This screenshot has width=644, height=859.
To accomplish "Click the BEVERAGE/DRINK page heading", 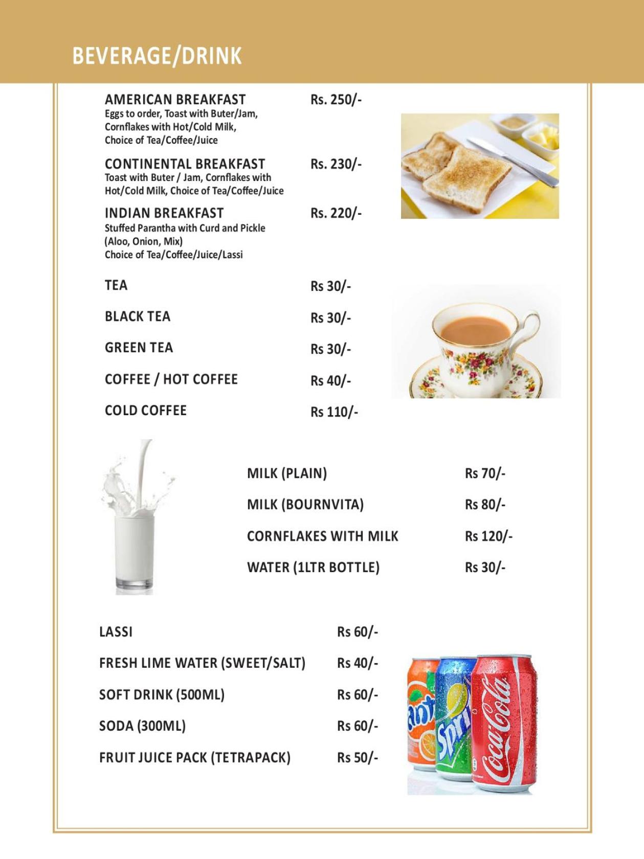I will click(157, 56).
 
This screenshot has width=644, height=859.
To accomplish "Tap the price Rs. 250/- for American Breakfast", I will click(336, 100).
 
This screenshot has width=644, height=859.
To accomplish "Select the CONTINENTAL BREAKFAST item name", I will click(185, 164).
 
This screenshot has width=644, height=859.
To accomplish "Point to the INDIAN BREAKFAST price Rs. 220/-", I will click(336, 213).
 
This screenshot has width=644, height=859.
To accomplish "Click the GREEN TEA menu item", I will click(139, 348).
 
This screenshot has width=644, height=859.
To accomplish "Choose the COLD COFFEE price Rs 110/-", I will click(334, 412).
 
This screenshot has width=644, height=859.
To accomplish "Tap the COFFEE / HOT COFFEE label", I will click(171, 379).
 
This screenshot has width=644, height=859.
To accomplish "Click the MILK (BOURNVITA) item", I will click(305, 505).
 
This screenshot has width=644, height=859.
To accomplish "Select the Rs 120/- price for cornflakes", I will click(488, 536).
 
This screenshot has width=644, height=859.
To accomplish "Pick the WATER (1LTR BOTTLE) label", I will click(313, 568).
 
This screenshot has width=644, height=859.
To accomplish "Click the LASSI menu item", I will click(116, 632).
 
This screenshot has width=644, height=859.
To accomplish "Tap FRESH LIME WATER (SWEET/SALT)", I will click(202, 663).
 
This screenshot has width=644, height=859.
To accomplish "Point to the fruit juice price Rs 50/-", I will click(357, 758).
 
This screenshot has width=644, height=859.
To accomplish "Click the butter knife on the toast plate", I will click(512, 161).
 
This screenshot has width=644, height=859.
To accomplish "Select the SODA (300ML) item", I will click(142, 726).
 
